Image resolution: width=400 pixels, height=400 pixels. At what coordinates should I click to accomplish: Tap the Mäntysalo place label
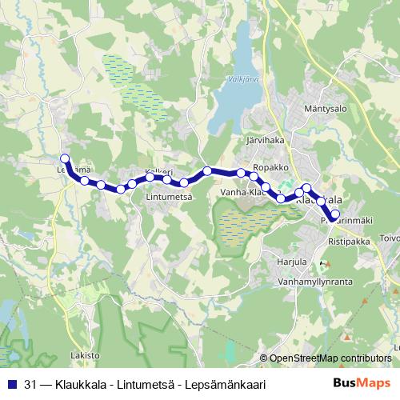324,108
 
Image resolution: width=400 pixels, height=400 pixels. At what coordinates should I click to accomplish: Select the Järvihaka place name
266,140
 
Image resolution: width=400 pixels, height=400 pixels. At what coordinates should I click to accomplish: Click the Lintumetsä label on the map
170,196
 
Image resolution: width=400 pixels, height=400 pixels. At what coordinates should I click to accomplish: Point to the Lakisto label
85,354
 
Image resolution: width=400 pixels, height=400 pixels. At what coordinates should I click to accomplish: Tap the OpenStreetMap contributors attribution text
330,358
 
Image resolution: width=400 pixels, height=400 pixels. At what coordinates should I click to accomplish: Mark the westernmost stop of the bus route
66,158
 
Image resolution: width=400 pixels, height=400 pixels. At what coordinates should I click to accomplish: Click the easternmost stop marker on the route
334,214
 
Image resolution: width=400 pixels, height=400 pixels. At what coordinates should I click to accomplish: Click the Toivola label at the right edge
390,238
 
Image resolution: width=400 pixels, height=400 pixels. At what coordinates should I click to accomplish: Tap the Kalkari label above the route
158,172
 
